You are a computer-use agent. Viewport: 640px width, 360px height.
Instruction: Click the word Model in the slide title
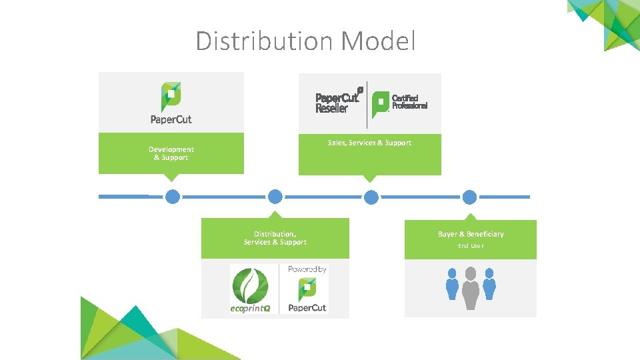click(x=378, y=41)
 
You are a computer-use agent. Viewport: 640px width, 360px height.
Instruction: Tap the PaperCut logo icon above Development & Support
click(x=171, y=97)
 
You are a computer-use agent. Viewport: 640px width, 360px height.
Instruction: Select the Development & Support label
click(x=171, y=154)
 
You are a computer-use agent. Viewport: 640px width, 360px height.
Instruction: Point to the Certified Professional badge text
click(x=409, y=102)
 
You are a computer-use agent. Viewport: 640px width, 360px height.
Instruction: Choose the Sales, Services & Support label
click(x=369, y=143)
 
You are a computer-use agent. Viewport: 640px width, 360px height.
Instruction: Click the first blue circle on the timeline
click(x=173, y=197)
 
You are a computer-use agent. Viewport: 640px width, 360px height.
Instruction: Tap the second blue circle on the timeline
click(x=275, y=197)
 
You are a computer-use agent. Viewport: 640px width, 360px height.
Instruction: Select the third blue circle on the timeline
click(x=371, y=197)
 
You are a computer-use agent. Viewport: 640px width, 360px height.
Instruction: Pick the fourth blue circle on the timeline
click(x=470, y=197)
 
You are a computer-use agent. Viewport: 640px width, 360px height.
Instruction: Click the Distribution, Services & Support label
click(x=275, y=238)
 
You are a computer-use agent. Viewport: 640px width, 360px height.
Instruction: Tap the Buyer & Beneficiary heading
click(x=471, y=234)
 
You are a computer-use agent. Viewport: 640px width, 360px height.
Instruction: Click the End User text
click(x=471, y=246)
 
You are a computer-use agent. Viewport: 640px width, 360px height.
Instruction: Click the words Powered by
click(x=307, y=269)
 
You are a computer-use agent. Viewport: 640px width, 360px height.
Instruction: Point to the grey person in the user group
click(x=471, y=288)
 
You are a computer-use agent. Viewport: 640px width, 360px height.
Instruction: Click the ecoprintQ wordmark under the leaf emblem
click(x=250, y=309)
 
